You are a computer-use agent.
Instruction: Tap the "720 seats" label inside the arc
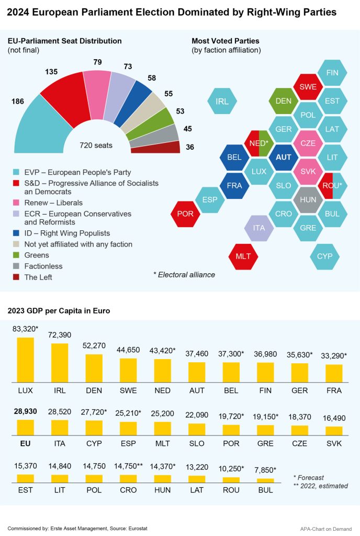[x=96, y=145]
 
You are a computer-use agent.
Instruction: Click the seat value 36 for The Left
[x=190, y=148]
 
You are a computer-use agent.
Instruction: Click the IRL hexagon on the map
[x=222, y=102]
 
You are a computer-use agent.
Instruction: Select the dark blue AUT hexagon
[x=283, y=157]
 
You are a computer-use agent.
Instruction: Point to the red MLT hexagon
[x=243, y=256]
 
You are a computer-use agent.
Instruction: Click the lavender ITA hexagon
[x=259, y=228]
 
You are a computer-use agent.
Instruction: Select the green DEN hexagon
[x=283, y=101]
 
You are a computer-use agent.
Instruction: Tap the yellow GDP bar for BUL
[x=266, y=479]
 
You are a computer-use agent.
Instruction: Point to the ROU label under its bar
[x=231, y=490]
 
